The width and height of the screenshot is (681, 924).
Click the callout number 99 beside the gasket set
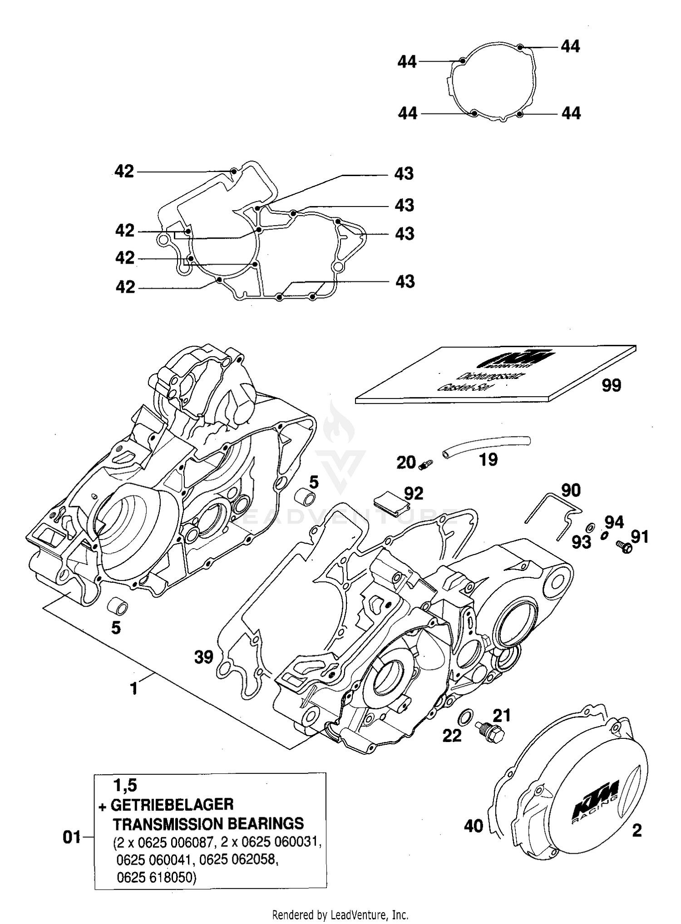click(x=611, y=385)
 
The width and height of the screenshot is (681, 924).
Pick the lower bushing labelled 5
click(x=117, y=605)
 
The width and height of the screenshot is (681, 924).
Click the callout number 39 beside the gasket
click(x=203, y=656)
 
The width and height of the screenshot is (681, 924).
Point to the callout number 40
click(x=473, y=826)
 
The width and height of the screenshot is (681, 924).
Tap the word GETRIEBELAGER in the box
click(x=173, y=805)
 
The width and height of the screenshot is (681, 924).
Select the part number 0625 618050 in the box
click(x=157, y=878)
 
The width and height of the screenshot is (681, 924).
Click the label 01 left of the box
click(x=72, y=837)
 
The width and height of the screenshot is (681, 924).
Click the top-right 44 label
click(x=571, y=46)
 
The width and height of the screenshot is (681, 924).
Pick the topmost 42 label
click(x=124, y=172)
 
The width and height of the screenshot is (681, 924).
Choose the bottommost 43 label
click(x=405, y=281)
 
